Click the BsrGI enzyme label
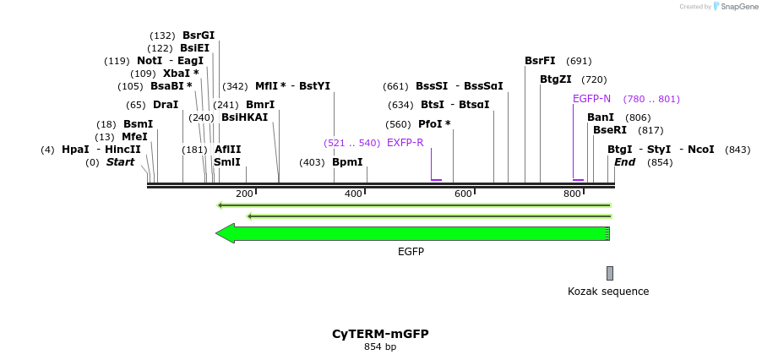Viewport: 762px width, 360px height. point(199,35)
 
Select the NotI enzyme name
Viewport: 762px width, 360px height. point(150,61)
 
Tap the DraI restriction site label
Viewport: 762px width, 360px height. point(166,105)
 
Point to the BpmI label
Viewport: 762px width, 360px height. point(347,162)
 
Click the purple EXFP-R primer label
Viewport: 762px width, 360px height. point(405,143)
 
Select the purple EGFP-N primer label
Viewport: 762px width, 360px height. point(591,99)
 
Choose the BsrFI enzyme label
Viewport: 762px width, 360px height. point(540,61)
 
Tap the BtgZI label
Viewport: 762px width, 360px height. point(556,79)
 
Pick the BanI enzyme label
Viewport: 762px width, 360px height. point(601,117)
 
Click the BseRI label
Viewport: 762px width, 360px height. point(610,130)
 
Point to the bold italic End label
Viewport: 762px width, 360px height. point(625,162)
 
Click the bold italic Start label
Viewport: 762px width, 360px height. point(120,162)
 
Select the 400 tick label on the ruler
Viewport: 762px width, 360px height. point(353,194)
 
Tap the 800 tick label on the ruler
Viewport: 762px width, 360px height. point(572,194)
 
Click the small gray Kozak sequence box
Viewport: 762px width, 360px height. point(610,273)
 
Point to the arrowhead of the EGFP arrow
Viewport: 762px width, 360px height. point(225,233)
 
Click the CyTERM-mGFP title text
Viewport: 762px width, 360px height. point(380,334)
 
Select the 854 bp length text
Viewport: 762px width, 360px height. point(380,347)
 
